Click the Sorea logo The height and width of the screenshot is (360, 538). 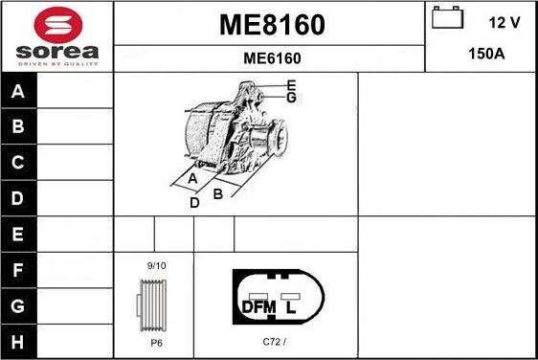pos(56,36)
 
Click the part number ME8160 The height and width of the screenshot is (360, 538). pos(272,24)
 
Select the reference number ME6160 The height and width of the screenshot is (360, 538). pos(272,58)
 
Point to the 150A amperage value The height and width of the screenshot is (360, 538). pos(485,55)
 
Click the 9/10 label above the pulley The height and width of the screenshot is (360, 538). pos(156,265)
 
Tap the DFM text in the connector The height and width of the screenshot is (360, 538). pos(258,306)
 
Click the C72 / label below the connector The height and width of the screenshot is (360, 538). pos(274,341)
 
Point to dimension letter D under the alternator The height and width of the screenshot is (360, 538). pos(194,202)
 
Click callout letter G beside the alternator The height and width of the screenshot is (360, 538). pos(292,98)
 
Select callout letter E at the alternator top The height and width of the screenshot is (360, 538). pos(291,85)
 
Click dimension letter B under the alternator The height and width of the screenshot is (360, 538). pos(217,193)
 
